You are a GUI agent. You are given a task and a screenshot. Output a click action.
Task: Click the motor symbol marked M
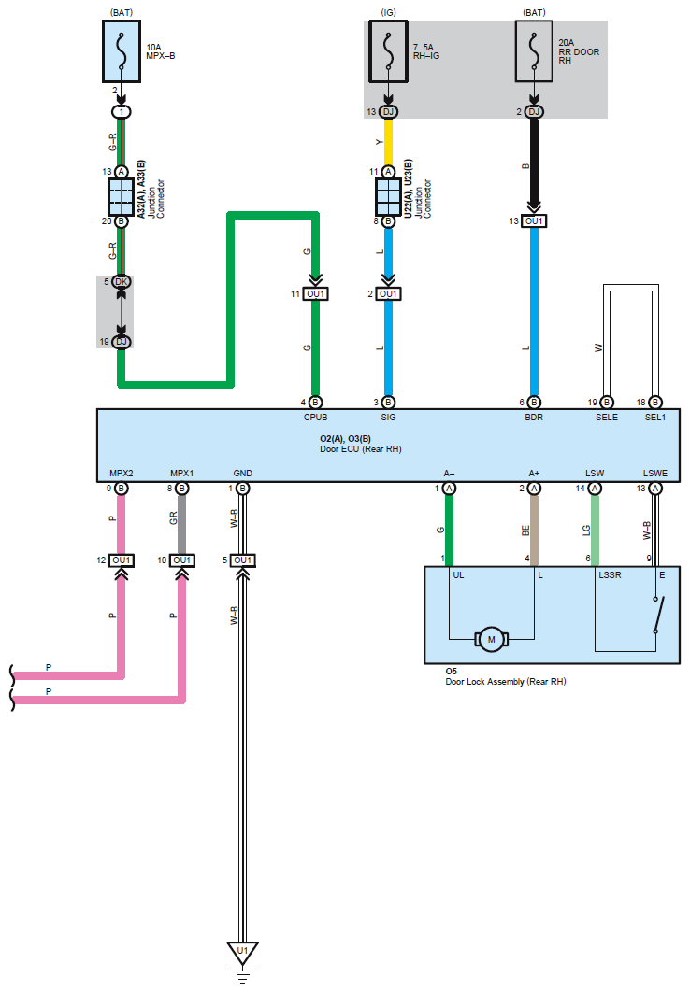(491, 640)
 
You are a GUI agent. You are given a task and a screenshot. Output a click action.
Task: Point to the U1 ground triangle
(242, 953)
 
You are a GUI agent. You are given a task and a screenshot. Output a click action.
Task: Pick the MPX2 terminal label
(122, 473)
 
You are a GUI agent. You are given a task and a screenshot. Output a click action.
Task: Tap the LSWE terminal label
(654, 473)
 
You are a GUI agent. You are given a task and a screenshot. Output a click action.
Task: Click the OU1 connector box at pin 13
(534, 221)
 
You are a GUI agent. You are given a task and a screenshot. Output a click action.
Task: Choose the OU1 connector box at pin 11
(316, 294)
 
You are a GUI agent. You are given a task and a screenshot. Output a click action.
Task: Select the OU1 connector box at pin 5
(242, 560)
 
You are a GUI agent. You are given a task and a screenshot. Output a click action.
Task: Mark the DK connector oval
(121, 282)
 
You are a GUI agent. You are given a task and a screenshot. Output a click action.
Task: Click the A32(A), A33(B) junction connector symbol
(121, 196)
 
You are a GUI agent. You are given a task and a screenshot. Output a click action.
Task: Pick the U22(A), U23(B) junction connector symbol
(388, 196)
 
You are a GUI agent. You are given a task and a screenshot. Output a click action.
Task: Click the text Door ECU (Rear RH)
(360, 449)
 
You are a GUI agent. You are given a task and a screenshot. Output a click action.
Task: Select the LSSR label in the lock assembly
(611, 575)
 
